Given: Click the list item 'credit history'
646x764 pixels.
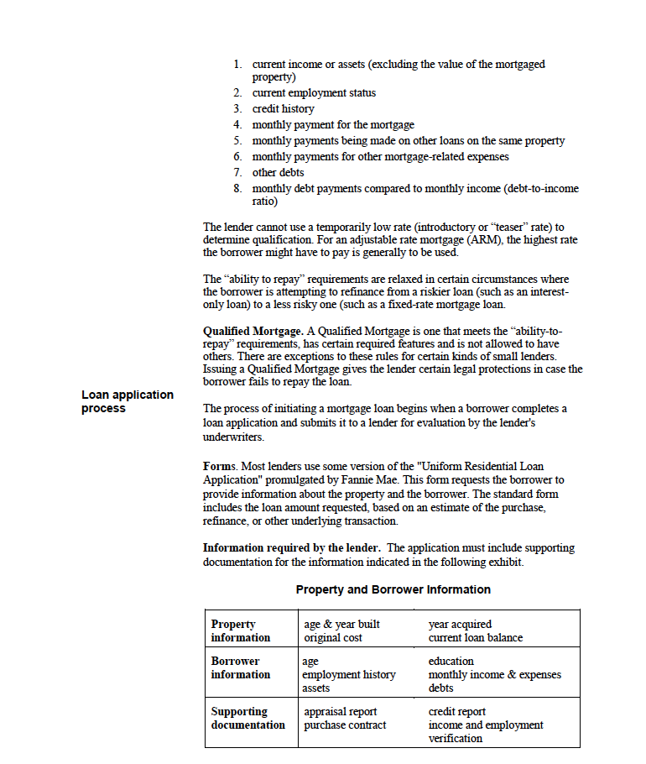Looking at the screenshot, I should coord(284,109).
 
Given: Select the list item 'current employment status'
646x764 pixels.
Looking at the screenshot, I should coord(314,93).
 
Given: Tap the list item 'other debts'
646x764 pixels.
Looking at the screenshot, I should coord(278,173).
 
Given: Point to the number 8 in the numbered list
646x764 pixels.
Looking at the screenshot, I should coord(237,189).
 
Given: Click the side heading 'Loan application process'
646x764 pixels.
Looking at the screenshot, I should coord(128,401).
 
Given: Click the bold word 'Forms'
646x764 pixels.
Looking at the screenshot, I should coord(220,466).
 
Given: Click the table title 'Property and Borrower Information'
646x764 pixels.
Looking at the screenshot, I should coord(393,589).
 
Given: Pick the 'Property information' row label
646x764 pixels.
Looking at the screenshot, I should coord(241,631).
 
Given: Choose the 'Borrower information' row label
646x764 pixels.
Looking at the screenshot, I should coord(241,667).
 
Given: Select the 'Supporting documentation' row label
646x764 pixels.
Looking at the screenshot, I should coord(247,718).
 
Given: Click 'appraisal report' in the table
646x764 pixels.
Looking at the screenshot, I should coord(341,712).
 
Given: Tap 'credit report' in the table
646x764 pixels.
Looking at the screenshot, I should coord(457,712).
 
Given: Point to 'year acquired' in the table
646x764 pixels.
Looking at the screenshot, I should coord(460,625).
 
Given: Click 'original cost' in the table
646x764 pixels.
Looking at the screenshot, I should coord(333,638).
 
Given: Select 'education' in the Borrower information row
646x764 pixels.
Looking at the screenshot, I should coord(451,662).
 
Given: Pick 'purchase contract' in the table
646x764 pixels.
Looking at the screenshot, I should coord(345,725).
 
